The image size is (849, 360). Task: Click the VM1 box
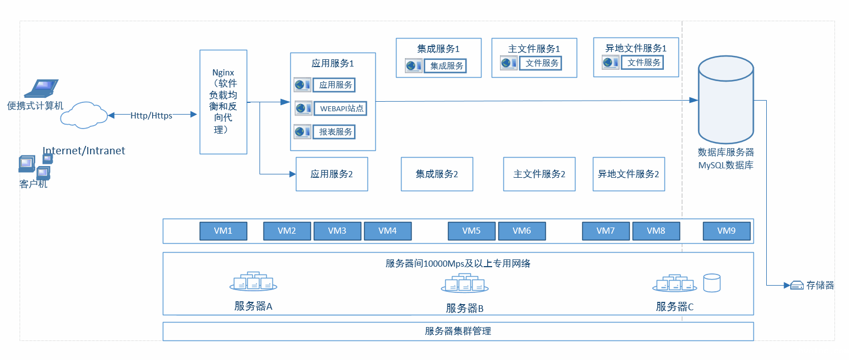tap(223, 231)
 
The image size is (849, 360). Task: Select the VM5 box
tap(471, 231)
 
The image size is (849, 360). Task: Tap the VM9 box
tap(726, 231)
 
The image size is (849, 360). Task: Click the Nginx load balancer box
tap(223, 102)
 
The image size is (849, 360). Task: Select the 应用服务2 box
tap(332, 174)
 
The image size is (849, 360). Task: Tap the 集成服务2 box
tap(437, 174)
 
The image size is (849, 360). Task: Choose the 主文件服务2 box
tap(539, 174)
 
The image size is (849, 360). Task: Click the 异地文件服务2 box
tap(629, 174)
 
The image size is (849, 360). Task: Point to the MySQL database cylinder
tap(725, 101)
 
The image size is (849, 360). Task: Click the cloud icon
tap(84, 115)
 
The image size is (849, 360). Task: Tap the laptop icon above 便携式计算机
tap(42, 88)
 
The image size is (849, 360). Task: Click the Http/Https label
tap(151, 115)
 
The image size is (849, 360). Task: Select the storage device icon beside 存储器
tap(797, 286)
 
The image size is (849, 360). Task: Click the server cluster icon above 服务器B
tap(464, 284)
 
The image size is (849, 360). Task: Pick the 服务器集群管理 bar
tap(457, 331)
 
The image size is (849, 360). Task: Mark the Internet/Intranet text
tap(84, 151)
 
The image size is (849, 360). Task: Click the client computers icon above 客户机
tap(35, 166)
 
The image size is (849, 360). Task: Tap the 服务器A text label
tap(253, 306)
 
